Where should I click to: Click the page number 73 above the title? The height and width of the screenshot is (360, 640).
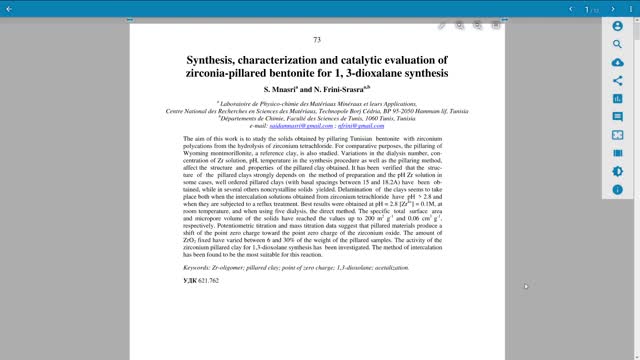317,40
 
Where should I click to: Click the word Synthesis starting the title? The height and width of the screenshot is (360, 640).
216,61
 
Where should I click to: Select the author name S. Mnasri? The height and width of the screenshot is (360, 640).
272,90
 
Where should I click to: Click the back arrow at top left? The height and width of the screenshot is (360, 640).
9,9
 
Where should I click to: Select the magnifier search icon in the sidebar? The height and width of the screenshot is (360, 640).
617,45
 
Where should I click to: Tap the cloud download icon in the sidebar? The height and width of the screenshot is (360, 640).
617,63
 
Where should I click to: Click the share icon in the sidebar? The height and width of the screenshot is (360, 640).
617,81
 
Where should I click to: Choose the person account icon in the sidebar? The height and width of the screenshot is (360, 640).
617,27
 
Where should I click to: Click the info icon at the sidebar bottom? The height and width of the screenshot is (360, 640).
617,189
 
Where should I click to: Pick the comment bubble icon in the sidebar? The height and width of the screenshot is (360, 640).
617,117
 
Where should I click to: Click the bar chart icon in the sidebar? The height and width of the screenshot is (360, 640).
617,99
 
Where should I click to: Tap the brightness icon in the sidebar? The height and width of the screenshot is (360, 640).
617,171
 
